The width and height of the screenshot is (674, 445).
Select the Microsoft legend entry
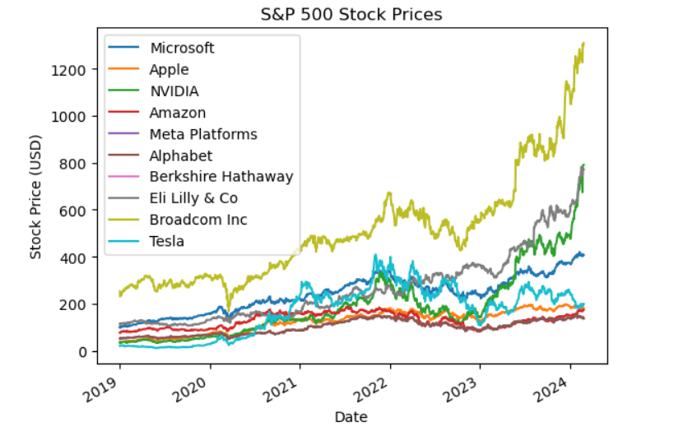(182, 49)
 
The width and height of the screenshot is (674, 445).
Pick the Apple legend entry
(169, 70)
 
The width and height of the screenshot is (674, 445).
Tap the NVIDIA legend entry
(174, 91)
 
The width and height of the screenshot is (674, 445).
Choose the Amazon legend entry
(178, 113)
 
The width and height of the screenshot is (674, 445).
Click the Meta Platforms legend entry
(203, 134)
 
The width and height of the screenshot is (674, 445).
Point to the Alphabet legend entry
(181, 155)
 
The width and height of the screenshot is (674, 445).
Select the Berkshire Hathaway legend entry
(221, 177)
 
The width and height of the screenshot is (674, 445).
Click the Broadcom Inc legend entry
(198, 220)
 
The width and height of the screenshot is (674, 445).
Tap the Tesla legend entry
(167, 241)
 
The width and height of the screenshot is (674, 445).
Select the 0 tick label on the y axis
(83, 352)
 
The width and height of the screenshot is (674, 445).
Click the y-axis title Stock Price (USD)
(36, 197)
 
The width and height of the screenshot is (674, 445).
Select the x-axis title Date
(351, 417)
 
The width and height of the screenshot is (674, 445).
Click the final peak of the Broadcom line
(583, 43)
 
